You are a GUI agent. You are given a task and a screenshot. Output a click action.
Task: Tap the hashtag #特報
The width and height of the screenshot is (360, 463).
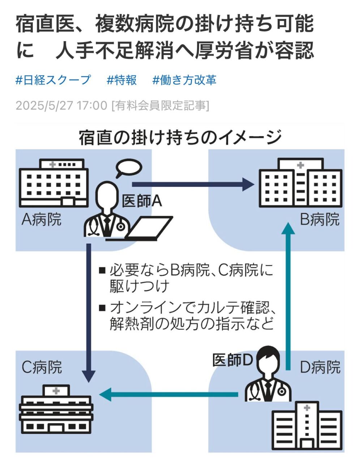121,80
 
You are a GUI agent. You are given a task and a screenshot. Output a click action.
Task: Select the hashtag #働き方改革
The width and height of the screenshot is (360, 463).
184,80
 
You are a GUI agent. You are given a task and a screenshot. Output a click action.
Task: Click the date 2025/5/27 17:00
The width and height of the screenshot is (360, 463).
61,106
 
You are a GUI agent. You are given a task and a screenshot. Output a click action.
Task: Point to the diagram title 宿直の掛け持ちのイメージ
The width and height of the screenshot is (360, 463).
180,138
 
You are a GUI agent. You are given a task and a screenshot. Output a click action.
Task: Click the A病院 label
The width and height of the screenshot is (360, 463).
42,220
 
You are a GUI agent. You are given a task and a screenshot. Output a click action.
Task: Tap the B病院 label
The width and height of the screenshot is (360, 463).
320,220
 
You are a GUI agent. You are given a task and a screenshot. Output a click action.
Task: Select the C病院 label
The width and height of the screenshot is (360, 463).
42,367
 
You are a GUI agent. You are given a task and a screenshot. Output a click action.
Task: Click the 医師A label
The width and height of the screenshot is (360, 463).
141,201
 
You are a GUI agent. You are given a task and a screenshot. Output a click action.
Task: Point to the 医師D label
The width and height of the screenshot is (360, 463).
232,360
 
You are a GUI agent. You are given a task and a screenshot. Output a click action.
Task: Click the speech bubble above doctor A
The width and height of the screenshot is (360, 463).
129,168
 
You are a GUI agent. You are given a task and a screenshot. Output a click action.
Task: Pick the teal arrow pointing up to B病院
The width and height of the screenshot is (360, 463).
288,297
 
